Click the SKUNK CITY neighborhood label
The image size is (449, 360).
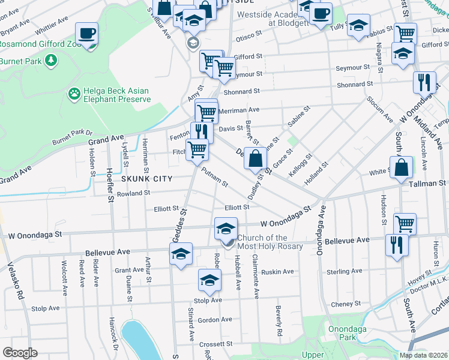pos(147,179)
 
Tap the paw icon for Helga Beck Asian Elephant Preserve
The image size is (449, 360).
pos(74,94)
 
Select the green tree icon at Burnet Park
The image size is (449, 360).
pos(52,60)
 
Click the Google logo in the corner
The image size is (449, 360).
pos(20,353)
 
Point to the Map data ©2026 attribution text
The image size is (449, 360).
pos(423,355)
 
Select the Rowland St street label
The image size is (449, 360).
pos(133,193)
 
